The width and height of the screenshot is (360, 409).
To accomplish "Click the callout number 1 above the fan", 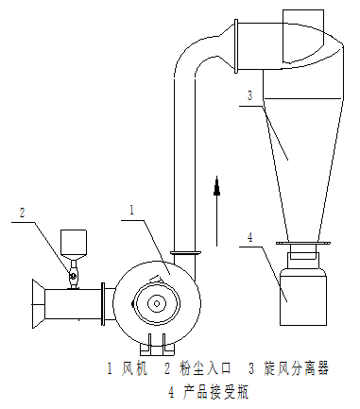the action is [x=132, y=210].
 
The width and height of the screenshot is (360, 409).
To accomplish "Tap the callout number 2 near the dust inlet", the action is [x=22, y=213].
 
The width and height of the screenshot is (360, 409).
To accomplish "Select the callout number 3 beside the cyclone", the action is [x=250, y=95].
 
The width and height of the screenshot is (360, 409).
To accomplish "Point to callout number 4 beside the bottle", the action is [x=249, y=237].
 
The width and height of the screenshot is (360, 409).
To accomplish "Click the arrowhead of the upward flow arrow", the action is [x=216, y=186].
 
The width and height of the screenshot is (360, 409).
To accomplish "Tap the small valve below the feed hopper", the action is [x=73, y=276].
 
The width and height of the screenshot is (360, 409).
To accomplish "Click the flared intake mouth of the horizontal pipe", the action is [x=38, y=304].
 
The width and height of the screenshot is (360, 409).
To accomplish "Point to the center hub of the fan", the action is [x=157, y=304].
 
